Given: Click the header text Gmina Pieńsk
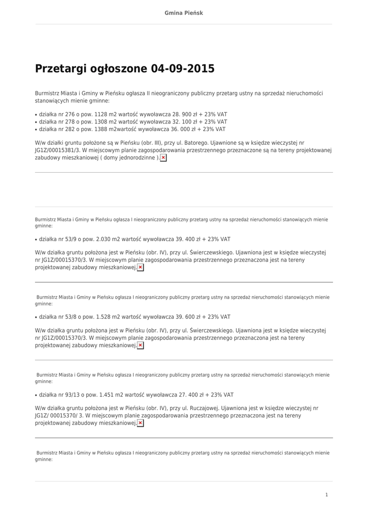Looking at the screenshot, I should (184, 13).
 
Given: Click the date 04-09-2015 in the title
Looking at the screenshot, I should (183, 69).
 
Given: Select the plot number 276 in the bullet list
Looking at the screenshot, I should (71, 114).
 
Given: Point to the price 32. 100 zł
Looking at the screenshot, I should (187, 122).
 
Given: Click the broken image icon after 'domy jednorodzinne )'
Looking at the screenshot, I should (163, 158).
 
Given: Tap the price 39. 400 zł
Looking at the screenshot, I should (190, 239).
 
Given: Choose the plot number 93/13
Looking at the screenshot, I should (73, 395).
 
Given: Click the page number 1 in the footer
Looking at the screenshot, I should (327, 495).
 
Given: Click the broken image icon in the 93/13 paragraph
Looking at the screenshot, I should (141, 423).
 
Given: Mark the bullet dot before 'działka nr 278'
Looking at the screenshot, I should (36, 122).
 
